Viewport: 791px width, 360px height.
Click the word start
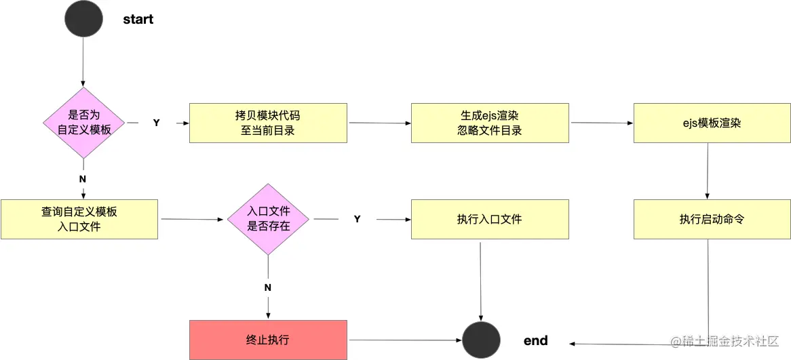pos(138,19)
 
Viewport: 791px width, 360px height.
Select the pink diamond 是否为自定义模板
pos(84,123)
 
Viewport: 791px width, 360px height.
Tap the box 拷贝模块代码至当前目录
pos(268,123)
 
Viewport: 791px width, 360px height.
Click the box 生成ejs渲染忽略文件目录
pos(490,123)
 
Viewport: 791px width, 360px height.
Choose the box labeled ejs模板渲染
pos(712,123)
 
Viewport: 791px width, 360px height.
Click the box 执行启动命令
pos(712,219)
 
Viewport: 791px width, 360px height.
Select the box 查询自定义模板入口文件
pos(79,219)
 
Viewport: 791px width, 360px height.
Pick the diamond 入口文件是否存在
pos(269,219)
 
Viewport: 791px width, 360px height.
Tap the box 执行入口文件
pos(490,219)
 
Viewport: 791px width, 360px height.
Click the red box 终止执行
pos(268,340)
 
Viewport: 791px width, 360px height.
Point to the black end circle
pos(481,340)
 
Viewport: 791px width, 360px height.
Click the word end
pos(535,340)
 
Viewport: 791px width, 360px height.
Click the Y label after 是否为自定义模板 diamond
pos(156,123)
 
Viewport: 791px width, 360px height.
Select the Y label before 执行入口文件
pos(357,219)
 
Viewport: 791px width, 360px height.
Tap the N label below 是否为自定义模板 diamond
pos(83,178)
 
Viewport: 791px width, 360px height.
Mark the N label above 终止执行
pos(268,287)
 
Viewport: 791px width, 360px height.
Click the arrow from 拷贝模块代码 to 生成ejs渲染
pos(379,123)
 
